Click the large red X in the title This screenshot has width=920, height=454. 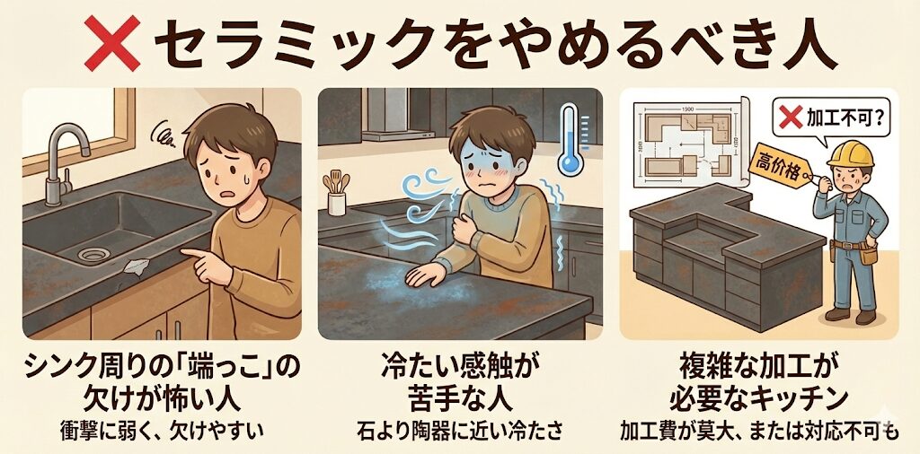(111, 43)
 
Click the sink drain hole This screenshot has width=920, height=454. (91, 255)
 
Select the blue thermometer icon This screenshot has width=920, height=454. (568, 139)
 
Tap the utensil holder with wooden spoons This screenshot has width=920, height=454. (336, 194)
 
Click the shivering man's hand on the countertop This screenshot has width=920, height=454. (427, 275)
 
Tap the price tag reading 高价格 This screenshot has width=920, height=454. (780, 168)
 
